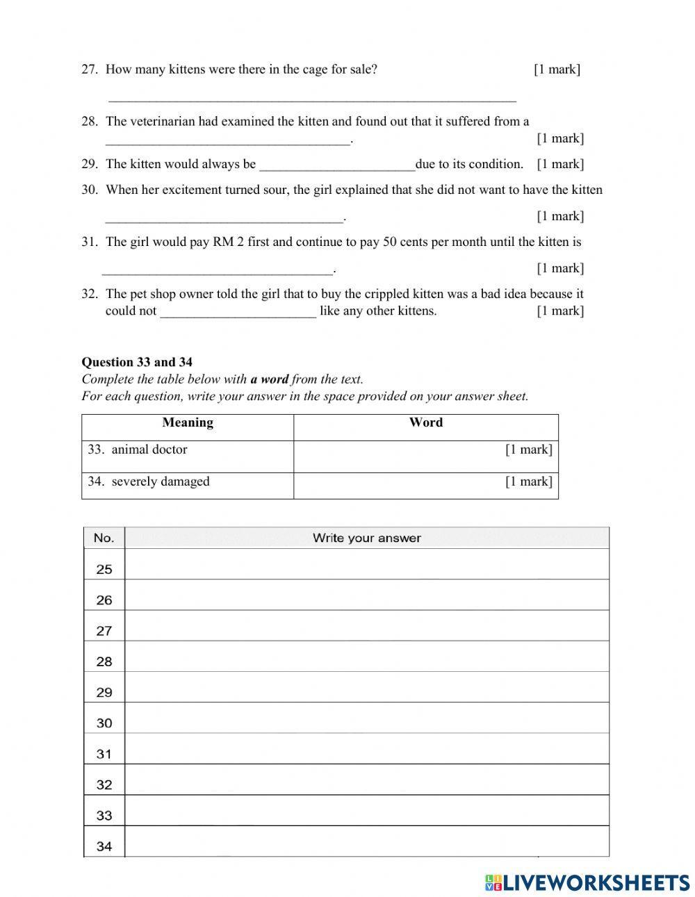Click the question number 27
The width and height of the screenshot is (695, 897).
tap(89, 69)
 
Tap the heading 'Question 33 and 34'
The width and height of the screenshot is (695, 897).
tap(137, 361)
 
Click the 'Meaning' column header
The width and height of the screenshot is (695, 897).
tap(188, 422)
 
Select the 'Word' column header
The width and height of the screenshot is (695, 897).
tap(425, 422)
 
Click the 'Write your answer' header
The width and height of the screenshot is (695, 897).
tap(366, 538)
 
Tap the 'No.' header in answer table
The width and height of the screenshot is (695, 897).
tap(104, 538)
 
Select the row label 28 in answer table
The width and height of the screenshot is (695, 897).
tap(104, 661)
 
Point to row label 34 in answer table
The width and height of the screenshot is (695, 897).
tap(104, 846)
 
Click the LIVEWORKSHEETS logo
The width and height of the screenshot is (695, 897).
tap(587, 882)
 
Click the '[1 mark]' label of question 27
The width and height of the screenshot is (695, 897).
tap(557, 69)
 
